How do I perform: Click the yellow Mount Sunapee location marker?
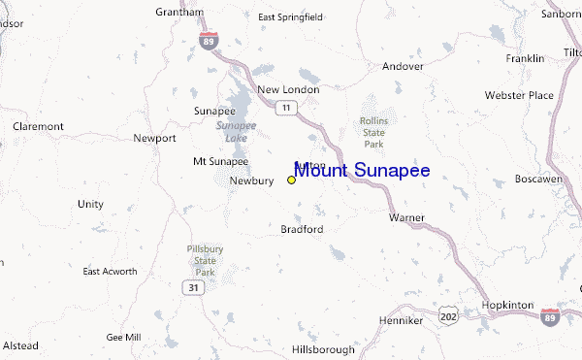click(291, 180)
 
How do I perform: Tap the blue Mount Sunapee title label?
click(362, 172)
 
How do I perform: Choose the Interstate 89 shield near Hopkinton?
click(550, 316)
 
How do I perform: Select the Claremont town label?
click(38, 126)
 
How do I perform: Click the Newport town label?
click(154, 138)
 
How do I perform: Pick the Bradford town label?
click(302, 229)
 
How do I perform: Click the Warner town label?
click(406, 217)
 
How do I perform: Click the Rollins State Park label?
click(373, 133)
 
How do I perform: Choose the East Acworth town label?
click(110, 271)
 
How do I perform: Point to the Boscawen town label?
click(538, 180)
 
